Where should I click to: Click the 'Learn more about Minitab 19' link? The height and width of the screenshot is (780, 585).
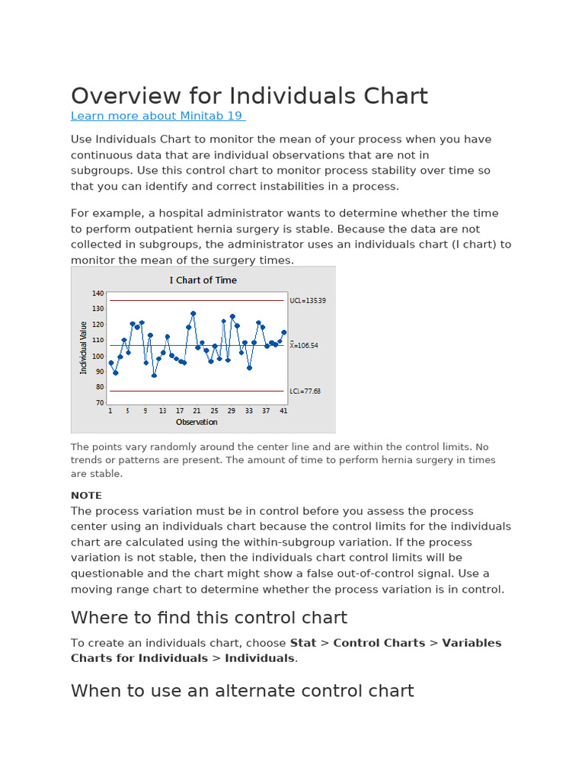pyautogui.click(x=158, y=116)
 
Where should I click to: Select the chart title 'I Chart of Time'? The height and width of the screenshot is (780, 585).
pyautogui.click(x=203, y=280)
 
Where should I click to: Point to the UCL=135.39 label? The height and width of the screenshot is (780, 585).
pyautogui.click(x=308, y=301)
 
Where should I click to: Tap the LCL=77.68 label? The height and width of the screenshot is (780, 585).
pyautogui.click(x=305, y=392)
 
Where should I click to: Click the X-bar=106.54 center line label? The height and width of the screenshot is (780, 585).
pyautogui.click(x=304, y=345)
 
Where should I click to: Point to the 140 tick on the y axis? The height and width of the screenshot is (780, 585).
pyautogui.click(x=97, y=293)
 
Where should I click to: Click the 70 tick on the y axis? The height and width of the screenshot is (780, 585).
pyautogui.click(x=99, y=403)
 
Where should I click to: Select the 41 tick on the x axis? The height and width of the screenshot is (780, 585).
pyautogui.click(x=284, y=411)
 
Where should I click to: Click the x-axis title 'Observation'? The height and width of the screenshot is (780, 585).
pyautogui.click(x=197, y=422)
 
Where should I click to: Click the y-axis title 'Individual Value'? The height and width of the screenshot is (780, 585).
pyautogui.click(x=84, y=347)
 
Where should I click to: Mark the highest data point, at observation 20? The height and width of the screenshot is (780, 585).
pyautogui.click(x=193, y=313)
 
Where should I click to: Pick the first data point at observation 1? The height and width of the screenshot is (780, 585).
pyautogui.click(x=111, y=363)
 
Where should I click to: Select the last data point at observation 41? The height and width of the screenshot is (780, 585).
pyautogui.click(x=284, y=332)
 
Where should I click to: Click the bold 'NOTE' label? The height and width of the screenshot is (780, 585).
pyautogui.click(x=86, y=495)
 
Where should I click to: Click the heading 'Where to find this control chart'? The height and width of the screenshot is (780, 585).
pyautogui.click(x=209, y=618)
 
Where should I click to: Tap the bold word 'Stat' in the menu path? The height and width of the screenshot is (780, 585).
pyautogui.click(x=303, y=643)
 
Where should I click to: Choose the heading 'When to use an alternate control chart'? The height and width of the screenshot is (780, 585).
pyautogui.click(x=242, y=691)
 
